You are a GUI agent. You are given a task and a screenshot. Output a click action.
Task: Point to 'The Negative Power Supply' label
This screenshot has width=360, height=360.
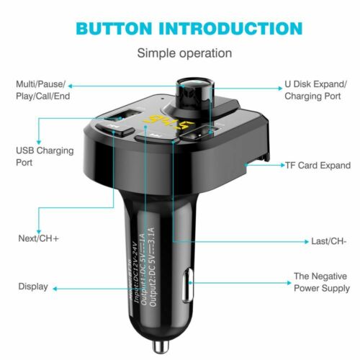[x=321, y=282]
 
